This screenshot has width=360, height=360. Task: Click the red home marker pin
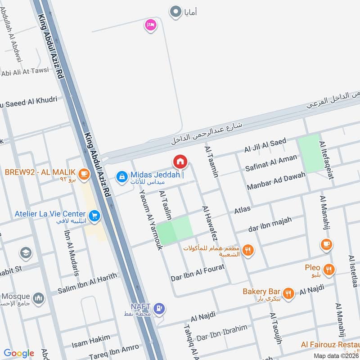(x=180, y=162)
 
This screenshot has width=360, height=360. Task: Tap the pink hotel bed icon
(x=150, y=25)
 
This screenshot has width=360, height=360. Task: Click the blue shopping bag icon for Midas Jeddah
(x=121, y=177)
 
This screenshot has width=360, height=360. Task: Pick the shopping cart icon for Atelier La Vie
(x=94, y=216)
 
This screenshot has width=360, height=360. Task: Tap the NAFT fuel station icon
(x=158, y=309)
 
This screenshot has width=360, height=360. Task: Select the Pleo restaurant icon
(x=330, y=270)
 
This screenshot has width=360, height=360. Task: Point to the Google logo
(x=19, y=353)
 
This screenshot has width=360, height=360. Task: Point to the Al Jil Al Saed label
(x=265, y=145)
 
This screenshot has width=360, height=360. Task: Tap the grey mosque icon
(x=39, y=298)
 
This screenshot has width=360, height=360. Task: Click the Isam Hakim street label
(x=91, y=341)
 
